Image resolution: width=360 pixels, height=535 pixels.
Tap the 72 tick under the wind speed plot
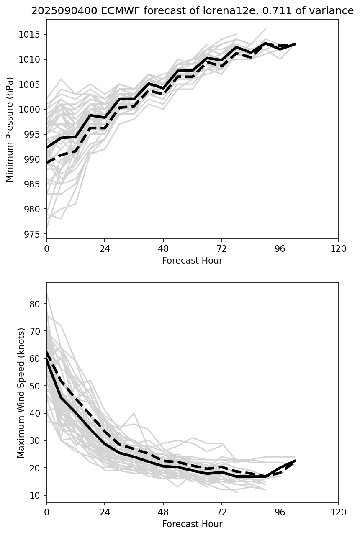tap(221, 512)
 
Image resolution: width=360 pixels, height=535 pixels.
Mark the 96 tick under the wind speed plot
tap(280, 512)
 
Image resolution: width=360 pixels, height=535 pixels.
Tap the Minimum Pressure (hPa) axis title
tap(10, 129)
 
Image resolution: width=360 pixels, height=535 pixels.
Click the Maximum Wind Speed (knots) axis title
tap(21, 392)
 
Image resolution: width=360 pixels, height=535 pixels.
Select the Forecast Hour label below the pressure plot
tap(192, 261)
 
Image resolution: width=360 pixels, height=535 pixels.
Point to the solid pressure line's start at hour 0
tap(47, 148)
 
